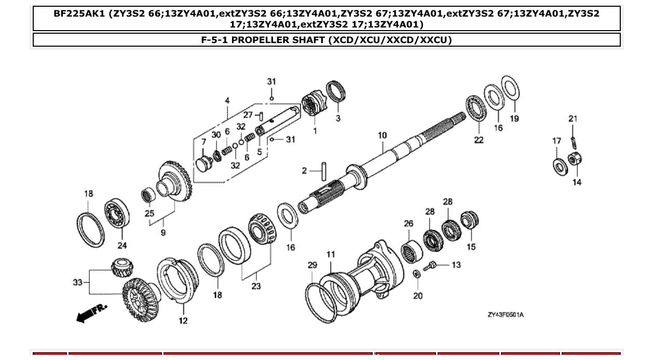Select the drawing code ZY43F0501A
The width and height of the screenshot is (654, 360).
505,315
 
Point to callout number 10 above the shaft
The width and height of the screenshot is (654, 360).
382,135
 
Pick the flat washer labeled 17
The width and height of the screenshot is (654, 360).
559,165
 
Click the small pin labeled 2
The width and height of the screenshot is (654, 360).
324,171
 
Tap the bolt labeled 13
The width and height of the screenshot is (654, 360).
432,267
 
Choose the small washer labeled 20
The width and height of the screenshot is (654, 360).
416,274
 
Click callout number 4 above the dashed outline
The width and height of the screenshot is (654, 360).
227,100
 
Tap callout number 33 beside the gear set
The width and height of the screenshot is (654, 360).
77,282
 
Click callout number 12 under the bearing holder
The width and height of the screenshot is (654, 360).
183,321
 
